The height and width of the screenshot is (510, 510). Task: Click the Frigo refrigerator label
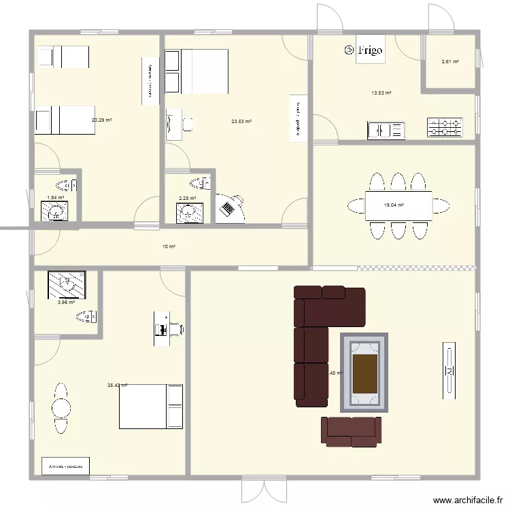[x=371, y=50]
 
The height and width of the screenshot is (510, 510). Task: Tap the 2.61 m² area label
[x=449, y=62]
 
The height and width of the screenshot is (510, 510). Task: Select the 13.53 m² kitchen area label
[x=381, y=93]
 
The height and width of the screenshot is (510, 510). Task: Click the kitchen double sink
[x=386, y=130]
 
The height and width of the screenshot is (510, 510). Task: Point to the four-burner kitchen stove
[x=445, y=127]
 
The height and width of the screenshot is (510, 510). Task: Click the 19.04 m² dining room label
[x=394, y=205]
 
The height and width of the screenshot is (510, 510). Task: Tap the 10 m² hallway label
[x=169, y=246]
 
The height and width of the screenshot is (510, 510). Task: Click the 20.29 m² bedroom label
[x=101, y=120]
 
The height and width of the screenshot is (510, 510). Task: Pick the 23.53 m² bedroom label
[x=241, y=122]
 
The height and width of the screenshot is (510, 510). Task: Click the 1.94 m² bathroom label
[x=55, y=198]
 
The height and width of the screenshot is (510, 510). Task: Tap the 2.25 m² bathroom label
[x=187, y=199]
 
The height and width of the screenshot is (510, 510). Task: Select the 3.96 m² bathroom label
[x=66, y=302]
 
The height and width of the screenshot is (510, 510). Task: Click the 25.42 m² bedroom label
[x=117, y=386]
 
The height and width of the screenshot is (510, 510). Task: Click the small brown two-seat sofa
[x=350, y=431]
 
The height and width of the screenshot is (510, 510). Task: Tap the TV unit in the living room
[x=449, y=369]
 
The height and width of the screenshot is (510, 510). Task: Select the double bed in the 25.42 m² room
[x=151, y=407]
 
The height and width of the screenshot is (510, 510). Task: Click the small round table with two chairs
[x=61, y=409]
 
